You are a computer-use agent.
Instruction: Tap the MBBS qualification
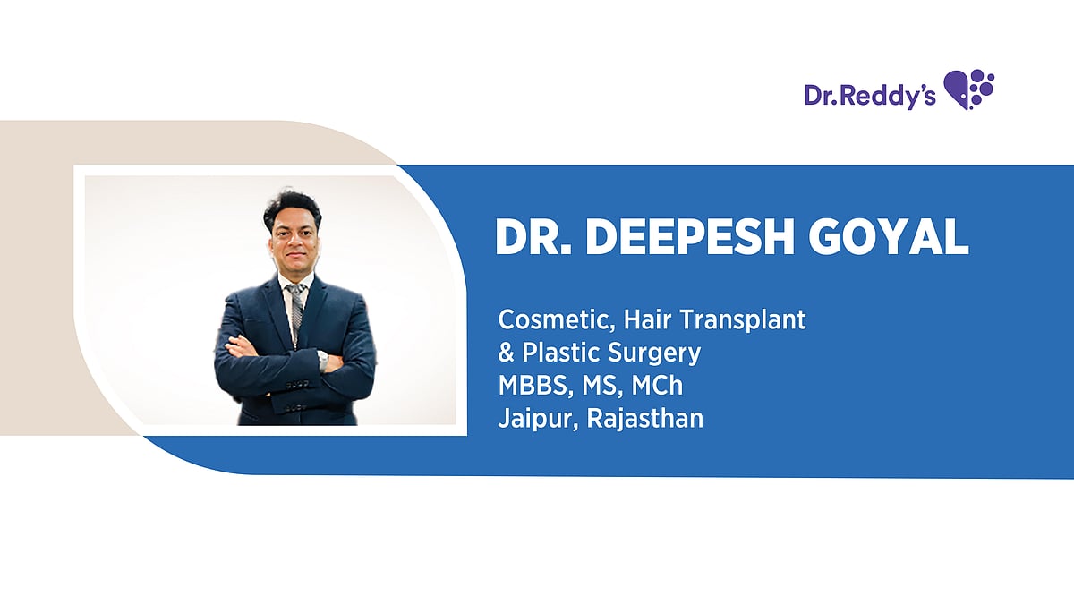[527, 386]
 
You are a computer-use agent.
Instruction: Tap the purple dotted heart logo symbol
[969, 89]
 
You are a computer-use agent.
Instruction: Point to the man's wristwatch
[322, 359]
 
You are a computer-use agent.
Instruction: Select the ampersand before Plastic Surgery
[506, 353]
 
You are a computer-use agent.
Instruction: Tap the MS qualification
[595, 386]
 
